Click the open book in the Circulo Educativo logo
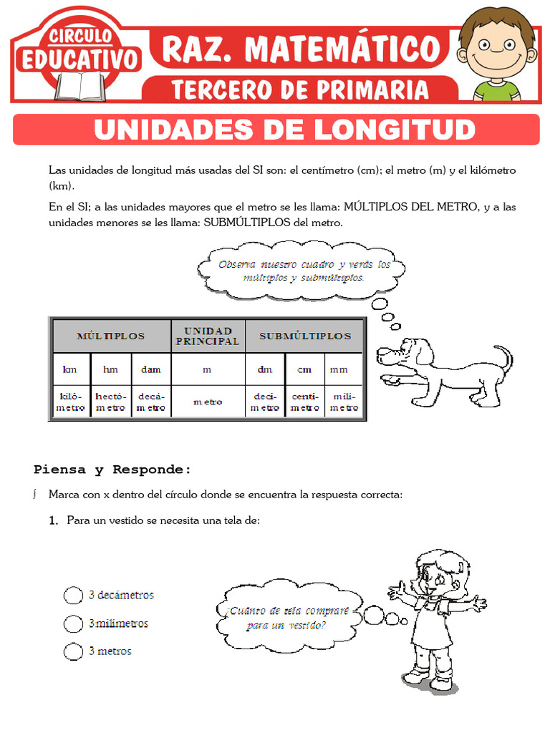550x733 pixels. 80,87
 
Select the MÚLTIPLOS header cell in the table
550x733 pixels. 110,336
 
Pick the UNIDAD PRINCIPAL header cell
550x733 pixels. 208,336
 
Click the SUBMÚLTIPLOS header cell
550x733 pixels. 305,336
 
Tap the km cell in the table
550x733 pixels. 69,369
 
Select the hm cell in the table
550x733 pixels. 110,369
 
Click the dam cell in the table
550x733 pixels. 150,369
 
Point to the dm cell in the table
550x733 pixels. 265,369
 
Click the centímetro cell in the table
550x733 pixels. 305,402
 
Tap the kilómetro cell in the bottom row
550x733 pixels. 69,402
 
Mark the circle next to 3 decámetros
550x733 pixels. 73,596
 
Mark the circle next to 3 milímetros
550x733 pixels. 73,623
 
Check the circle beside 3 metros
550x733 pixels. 73,651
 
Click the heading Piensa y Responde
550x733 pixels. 112,470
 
